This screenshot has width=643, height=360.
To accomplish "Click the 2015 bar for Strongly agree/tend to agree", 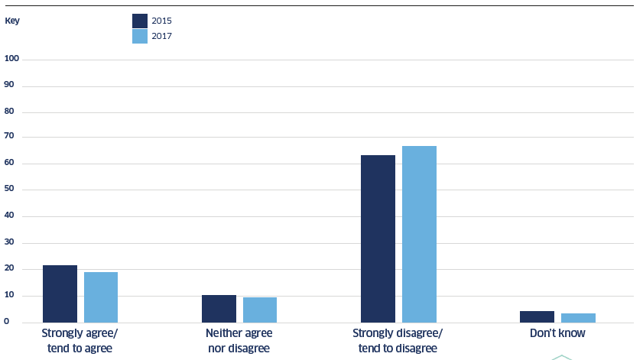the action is pyautogui.click(x=60, y=294).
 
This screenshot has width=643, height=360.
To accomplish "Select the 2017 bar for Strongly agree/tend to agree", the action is pyautogui.click(x=101, y=297).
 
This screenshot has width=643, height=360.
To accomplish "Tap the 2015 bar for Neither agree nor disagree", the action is pyautogui.click(x=219, y=309).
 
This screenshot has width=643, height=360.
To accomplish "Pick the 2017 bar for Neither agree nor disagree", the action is pyautogui.click(x=260, y=310).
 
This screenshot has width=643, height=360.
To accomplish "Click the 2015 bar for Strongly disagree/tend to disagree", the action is pyautogui.click(x=378, y=238).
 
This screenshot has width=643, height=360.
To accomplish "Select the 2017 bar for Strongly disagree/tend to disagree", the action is pyautogui.click(x=419, y=234).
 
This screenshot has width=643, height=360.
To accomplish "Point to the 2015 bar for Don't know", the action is pyautogui.click(x=537, y=316).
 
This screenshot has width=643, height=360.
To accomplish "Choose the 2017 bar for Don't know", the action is pyautogui.click(x=578, y=318).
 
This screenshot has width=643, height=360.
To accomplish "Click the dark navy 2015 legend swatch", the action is pyautogui.click(x=140, y=21).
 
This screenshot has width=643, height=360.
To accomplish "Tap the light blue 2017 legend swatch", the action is pyautogui.click(x=140, y=37).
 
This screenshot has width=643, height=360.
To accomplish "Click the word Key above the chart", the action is pyautogui.click(x=12, y=21).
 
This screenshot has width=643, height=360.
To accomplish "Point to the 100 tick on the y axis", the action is pyautogui.click(x=12, y=59).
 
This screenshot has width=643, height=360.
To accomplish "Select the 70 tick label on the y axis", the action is pyautogui.click(x=9, y=136).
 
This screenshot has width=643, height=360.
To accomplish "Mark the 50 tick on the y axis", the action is pyautogui.click(x=9, y=189).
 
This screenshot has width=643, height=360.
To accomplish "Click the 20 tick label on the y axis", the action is pyautogui.click(x=9, y=268).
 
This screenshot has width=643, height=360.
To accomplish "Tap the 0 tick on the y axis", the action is pyautogui.click(x=7, y=322).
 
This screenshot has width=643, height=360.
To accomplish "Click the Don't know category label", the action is pyautogui.click(x=557, y=333).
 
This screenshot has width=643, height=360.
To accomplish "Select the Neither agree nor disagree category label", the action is pyautogui.click(x=239, y=341).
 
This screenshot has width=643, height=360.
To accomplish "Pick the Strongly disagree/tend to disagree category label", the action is pyautogui.click(x=398, y=341).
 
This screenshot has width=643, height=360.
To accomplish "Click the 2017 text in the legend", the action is pyautogui.click(x=161, y=36).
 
